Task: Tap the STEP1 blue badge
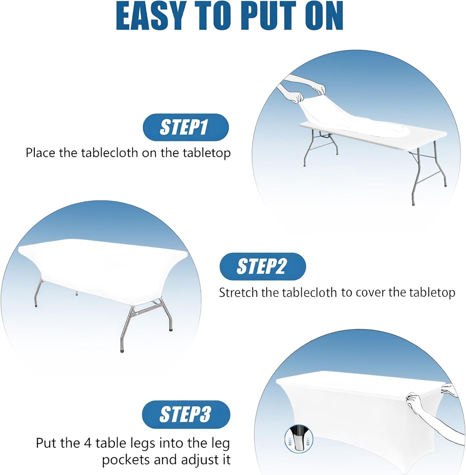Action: coord(185,127)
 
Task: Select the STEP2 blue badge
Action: coord(263,266)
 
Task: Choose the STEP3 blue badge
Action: coord(186,414)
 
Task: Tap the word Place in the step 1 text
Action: coord(41,153)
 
